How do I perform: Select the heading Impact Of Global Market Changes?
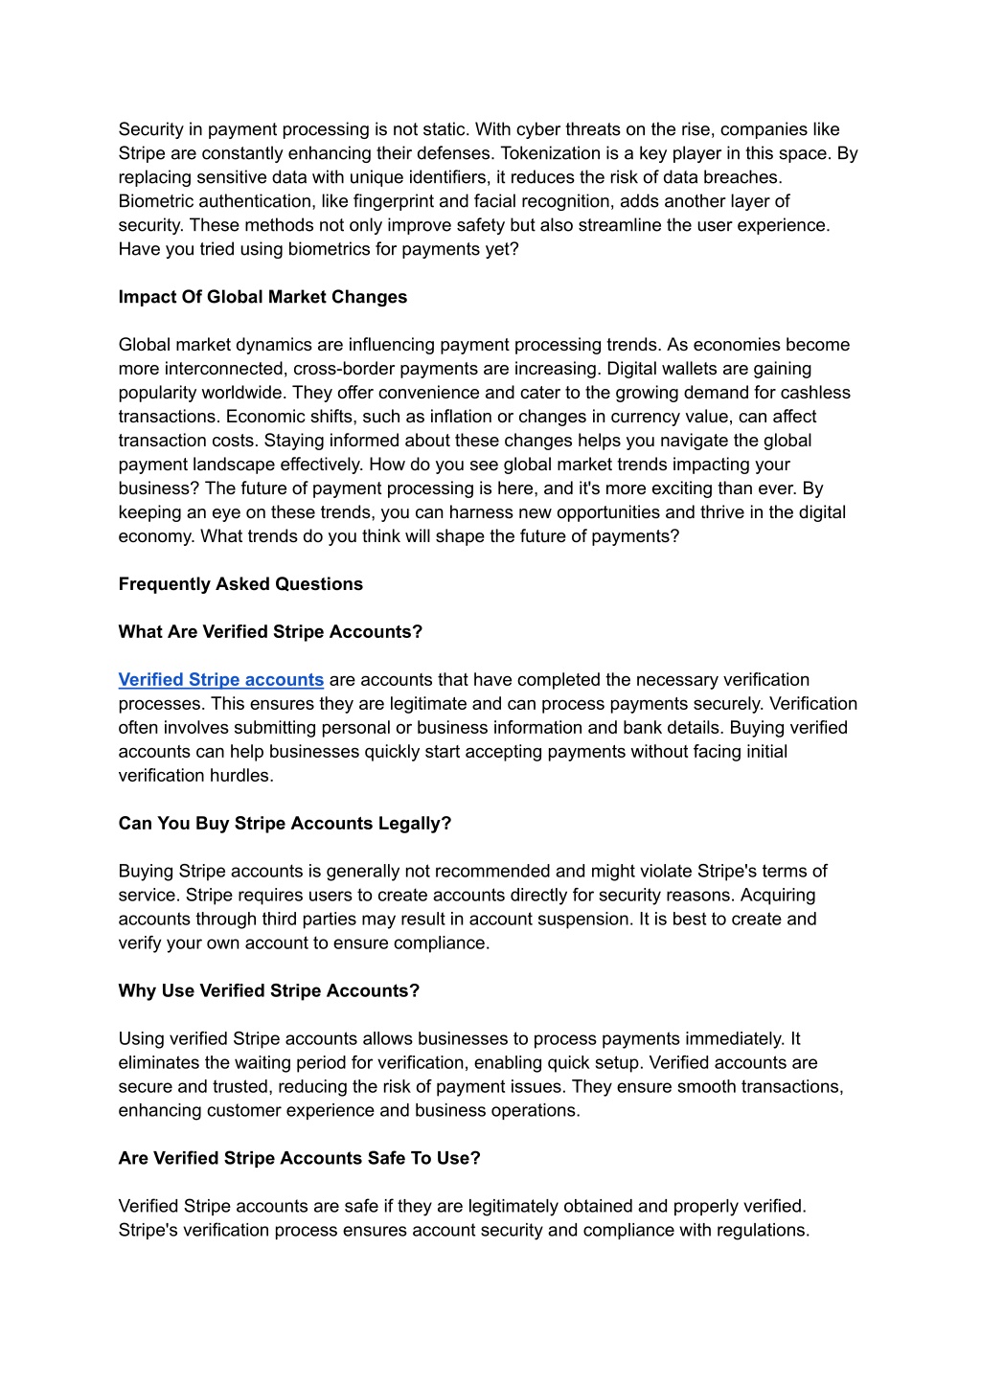262,297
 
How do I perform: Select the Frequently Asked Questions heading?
240,584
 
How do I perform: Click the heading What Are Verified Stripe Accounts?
270,632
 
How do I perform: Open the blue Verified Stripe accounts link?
221,680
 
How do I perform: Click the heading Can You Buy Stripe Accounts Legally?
285,824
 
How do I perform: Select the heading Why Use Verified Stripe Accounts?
269,991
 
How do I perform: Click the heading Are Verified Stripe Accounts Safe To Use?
299,1159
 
